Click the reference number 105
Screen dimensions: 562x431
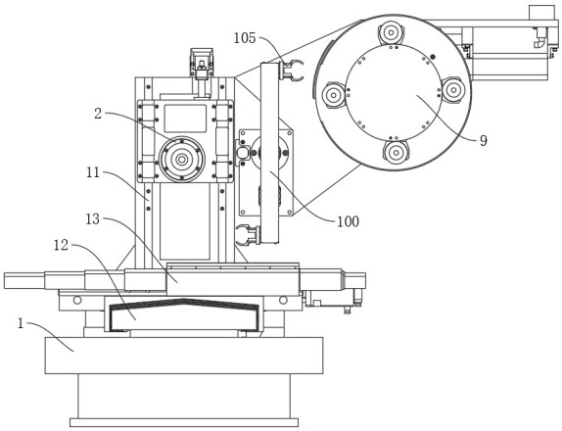point(245,38)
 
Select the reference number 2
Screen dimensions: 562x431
point(98,114)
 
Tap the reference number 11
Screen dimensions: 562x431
point(93,172)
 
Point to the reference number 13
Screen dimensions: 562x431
point(93,219)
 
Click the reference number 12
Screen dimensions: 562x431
point(61,245)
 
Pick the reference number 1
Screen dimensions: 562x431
point(21,324)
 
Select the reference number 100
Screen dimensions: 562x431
point(348,221)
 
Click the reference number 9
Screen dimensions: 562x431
point(484,140)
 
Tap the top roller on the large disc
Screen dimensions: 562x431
point(391,33)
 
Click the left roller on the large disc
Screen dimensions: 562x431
point(334,95)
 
